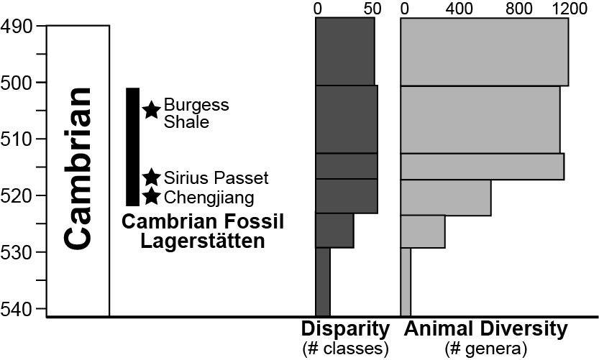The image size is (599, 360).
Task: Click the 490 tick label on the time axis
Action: (x=16, y=27)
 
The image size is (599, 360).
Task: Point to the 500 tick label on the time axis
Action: (x=16, y=83)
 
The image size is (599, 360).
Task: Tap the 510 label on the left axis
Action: (x=16, y=139)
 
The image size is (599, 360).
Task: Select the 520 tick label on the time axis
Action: (x=16, y=195)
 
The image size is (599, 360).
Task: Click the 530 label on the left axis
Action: (x=16, y=252)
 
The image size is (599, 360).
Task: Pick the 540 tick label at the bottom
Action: (x=16, y=309)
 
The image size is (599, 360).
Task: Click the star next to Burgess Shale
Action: (x=151, y=110)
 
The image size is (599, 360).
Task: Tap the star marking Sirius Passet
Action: (x=151, y=177)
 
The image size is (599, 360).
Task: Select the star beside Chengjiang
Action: (x=151, y=195)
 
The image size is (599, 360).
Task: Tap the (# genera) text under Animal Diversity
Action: (x=487, y=349)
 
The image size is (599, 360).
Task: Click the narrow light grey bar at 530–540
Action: (x=406, y=282)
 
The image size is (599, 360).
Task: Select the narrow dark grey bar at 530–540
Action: (x=323, y=282)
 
